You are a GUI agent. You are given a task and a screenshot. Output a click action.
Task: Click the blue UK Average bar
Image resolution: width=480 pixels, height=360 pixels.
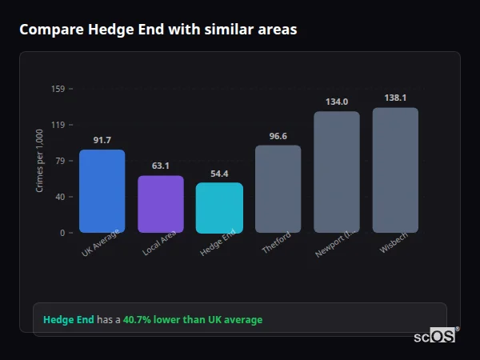click(102, 191)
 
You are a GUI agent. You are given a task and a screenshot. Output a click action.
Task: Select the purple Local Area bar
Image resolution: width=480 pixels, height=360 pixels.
click(160, 204)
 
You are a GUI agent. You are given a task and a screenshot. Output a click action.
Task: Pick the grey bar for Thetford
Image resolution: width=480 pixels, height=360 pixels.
click(278, 189)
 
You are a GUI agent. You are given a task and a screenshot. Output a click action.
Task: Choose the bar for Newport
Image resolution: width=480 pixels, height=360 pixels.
click(336, 172)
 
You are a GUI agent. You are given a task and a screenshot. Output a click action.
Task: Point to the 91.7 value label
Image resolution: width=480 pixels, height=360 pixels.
click(102, 141)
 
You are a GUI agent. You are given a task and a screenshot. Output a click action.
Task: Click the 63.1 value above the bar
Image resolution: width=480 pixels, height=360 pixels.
click(160, 166)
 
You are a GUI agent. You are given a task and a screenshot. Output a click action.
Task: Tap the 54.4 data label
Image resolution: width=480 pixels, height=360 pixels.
click(219, 174)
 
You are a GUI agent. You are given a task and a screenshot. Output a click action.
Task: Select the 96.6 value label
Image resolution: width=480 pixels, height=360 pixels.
click(278, 137)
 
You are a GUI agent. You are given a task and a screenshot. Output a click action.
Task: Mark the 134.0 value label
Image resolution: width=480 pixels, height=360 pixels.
click(336, 102)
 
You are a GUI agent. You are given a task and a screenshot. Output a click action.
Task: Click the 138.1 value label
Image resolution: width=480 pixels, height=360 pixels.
click(395, 98)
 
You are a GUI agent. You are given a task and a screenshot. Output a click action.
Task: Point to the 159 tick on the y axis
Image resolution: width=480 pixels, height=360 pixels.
click(58, 89)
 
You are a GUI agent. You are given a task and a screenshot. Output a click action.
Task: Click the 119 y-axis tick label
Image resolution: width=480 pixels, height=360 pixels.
click(58, 125)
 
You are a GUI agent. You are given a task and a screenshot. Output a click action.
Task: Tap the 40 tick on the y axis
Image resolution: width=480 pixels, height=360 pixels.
click(60, 197)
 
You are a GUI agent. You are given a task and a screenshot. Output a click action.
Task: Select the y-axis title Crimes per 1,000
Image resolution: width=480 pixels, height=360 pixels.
click(40, 161)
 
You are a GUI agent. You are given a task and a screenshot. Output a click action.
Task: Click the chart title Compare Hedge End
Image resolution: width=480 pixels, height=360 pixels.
click(158, 30)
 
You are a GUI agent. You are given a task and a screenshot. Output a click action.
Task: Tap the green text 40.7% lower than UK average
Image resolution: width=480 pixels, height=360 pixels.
click(192, 320)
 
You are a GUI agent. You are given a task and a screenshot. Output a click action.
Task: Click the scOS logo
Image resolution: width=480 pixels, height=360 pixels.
click(435, 336)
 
